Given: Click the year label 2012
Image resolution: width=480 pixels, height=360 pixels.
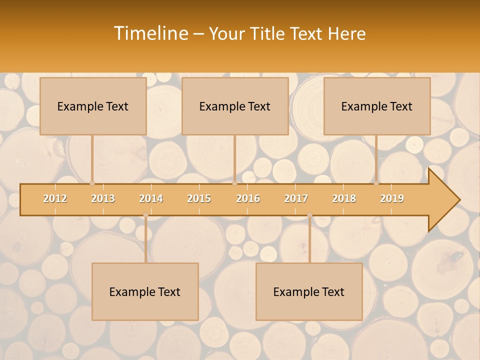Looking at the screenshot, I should tap(55, 198).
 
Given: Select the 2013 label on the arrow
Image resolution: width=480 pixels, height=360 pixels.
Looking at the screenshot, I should tap(103, 198).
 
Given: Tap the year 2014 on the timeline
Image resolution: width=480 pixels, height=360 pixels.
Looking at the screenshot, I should tap(151, 198).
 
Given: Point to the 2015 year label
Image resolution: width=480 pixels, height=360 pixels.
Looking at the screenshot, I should tap(199, 198).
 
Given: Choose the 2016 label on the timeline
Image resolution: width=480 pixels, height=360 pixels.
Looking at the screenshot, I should tap(248, 198).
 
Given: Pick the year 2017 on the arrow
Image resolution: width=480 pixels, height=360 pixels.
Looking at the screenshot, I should tap(296, 198).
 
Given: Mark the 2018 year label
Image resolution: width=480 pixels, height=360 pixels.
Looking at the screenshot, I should tap(344, 198).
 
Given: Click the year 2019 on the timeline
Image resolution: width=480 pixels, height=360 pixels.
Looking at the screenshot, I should tap(392, 198).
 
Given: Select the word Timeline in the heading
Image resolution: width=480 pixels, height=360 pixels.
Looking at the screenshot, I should tap(150, 33).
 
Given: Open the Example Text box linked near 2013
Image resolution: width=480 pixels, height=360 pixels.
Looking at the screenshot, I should tap(93, 106).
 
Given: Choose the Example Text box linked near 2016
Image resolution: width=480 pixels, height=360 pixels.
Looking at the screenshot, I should tap(235, 106).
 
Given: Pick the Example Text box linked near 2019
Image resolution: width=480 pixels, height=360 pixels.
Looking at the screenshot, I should tap(377, 106).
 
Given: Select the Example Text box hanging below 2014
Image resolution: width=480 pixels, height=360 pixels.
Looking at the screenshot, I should tap(145, 292).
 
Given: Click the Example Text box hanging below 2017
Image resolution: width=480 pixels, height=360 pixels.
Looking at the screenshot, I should tap(309, 292).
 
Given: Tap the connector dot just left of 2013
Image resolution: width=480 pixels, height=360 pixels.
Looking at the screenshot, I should tap(92, 183).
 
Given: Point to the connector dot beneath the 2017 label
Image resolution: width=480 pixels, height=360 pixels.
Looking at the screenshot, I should tap(309, 215).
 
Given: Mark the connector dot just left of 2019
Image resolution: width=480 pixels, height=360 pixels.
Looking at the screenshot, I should tap(376, 183).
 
